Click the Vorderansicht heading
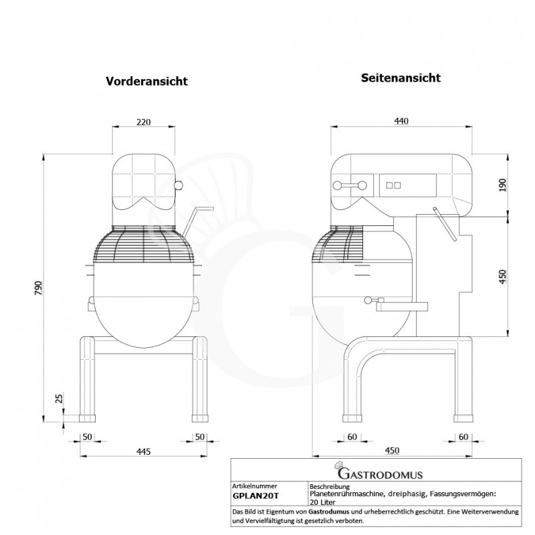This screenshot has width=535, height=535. (x=146, y=81)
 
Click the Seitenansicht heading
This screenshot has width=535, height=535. (x=401, y=78)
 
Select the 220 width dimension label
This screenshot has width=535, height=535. (x=142, y=122)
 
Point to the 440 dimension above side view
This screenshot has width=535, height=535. (x=401, y=121)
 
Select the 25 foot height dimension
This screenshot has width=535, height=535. (x=59, y=399)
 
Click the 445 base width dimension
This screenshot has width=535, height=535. (x=142, y=452)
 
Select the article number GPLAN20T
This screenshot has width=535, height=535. (x=256, y=497)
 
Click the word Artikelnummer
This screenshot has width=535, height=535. (x=254, y=486)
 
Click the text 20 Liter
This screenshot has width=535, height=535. (x=323, y=501)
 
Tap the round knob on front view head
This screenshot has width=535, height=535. (x=178, y=185)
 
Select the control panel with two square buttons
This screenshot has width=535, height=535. (x=395, y=186)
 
